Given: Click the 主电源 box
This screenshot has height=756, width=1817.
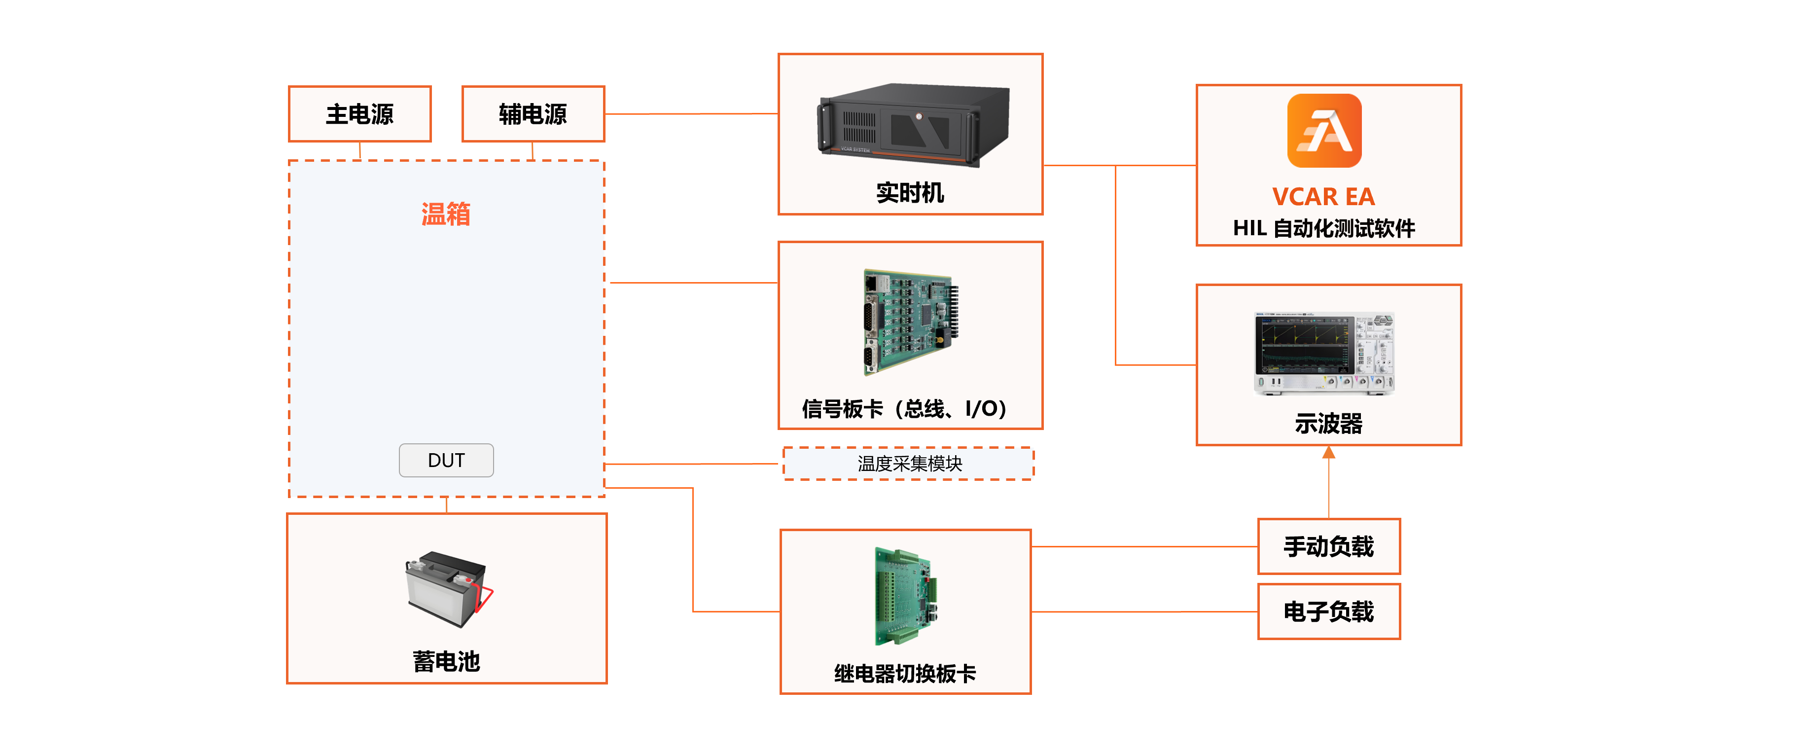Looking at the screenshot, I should (360, 113).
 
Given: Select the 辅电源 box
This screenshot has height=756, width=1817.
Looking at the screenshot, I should (533, 113).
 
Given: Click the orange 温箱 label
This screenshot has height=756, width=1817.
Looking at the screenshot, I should (446, 214).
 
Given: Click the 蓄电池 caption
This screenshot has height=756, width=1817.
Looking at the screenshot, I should (447, 661).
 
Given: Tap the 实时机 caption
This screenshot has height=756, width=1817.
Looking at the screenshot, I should (910, 192).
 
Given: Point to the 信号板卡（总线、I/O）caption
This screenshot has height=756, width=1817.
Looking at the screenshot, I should (905, 408).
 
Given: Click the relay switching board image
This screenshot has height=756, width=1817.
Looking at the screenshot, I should (905, 596).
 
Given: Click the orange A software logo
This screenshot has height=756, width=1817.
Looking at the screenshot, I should (1324, 131).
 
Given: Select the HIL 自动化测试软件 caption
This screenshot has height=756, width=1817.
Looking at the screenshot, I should (1324, 228).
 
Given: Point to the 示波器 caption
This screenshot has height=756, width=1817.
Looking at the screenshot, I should (1328, 423).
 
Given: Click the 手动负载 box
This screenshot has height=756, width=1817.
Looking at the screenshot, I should (1328, 546).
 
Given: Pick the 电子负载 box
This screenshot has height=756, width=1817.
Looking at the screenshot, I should (1328, 611).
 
